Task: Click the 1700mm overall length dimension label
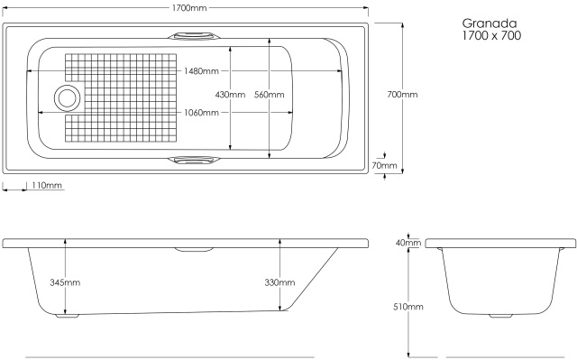pyautogui.click(x=189, y=8)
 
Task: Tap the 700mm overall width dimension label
pyautogui.click(x=402, y=95)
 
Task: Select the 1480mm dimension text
pyautogui.click(x=201, y=70)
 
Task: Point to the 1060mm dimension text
pyautogui.click(x=201, y=113)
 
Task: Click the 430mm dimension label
pyautogui.click(x=230, y=95)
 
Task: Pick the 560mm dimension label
pyautogui.click(x=269, y=95)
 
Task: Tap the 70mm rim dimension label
pyautogui.click(x=385, y=166)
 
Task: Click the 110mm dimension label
pyautogui.click(x=47, y=185)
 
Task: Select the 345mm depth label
pyautogui.click(x=65, y=282)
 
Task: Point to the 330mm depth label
pyautogui.click(x=279, y=282)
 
